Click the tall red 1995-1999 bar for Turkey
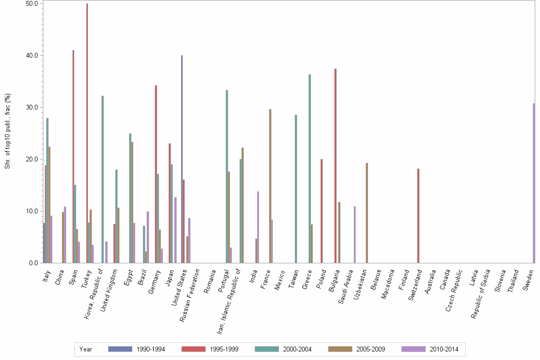pos(87,133)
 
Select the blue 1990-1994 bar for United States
pos(182,159)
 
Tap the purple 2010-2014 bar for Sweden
pos(534,183)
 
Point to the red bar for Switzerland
pos(418,216)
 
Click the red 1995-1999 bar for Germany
pos(156,174)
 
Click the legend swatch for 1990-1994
pos(120,349)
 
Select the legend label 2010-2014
pos(443,349)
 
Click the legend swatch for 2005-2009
pos(340,349)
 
